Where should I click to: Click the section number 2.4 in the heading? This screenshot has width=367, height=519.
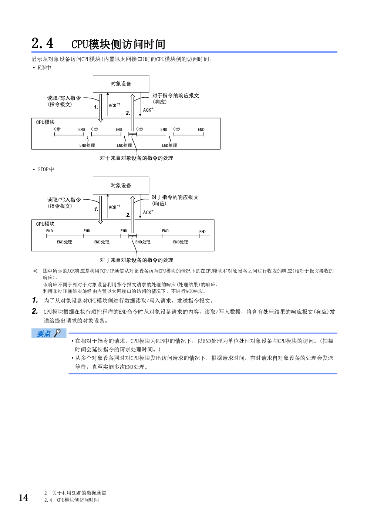(43, 43)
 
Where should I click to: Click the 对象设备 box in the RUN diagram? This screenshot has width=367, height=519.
(121, 84)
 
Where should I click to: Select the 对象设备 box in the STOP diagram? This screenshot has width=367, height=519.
(121, 185)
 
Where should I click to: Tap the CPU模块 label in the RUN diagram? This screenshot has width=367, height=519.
(45, 122)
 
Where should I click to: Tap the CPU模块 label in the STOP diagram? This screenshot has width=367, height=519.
(45, 224)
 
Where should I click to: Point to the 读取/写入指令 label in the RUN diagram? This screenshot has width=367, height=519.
(64, 98)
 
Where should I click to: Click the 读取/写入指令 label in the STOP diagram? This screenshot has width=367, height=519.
(64, 200)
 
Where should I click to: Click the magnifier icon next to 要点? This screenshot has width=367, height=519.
(58, 333)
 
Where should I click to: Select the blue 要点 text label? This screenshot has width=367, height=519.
(44, 334)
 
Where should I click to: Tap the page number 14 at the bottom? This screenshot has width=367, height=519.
(23, 498)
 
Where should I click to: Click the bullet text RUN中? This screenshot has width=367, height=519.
(44, 68)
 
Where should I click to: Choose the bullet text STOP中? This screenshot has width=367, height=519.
(46, 169)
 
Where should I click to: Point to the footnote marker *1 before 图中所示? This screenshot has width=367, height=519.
(36, 271)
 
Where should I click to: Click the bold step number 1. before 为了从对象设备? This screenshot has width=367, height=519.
(35, 300)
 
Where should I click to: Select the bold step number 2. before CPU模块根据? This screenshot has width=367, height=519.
(35, 311)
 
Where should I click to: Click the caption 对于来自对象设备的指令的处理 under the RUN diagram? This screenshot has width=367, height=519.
(137, 158)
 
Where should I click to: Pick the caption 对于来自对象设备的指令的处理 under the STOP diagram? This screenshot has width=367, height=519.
(137, 260)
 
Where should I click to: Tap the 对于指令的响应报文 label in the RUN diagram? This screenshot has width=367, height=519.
(175, 95)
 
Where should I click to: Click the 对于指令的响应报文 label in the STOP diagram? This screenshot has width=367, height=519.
(175, 197)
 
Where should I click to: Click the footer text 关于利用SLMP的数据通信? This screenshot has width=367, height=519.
(79, 493)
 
